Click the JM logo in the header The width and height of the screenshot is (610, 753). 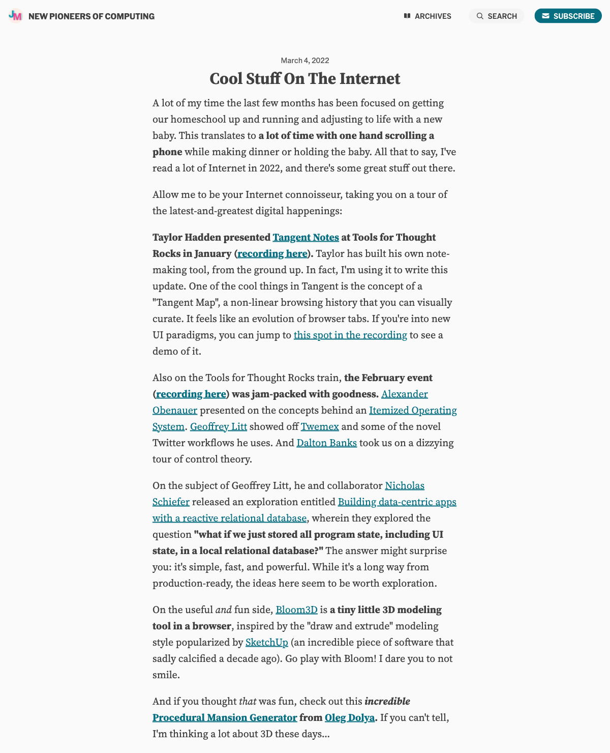pos(15,16)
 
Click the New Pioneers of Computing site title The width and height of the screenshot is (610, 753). pos(91,16)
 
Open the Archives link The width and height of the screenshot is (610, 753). pos(428,16)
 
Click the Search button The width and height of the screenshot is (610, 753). pos(496,16)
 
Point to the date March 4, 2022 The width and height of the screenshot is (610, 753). pos(304,61)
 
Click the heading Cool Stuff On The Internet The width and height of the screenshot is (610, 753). pos(304,79)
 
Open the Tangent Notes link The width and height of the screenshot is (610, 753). pos(306,238)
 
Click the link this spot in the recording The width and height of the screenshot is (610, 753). pos(350,335)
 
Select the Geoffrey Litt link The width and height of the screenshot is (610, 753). pos(218,427)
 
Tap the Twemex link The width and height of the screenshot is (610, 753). pos(319,427)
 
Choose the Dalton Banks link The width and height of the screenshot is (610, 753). pos(326,443)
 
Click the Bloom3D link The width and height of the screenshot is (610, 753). pos(296,610)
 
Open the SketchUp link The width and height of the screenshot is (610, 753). pos(266,643)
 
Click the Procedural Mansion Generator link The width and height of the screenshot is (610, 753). pos(225,718)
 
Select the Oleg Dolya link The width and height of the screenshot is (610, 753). pos(349,718)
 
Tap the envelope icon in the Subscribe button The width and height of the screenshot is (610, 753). pos(545,16)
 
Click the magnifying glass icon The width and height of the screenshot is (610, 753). pos(479,16)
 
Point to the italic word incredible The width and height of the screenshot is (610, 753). pos(387,702)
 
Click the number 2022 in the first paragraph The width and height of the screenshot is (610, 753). pos(270,168)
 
